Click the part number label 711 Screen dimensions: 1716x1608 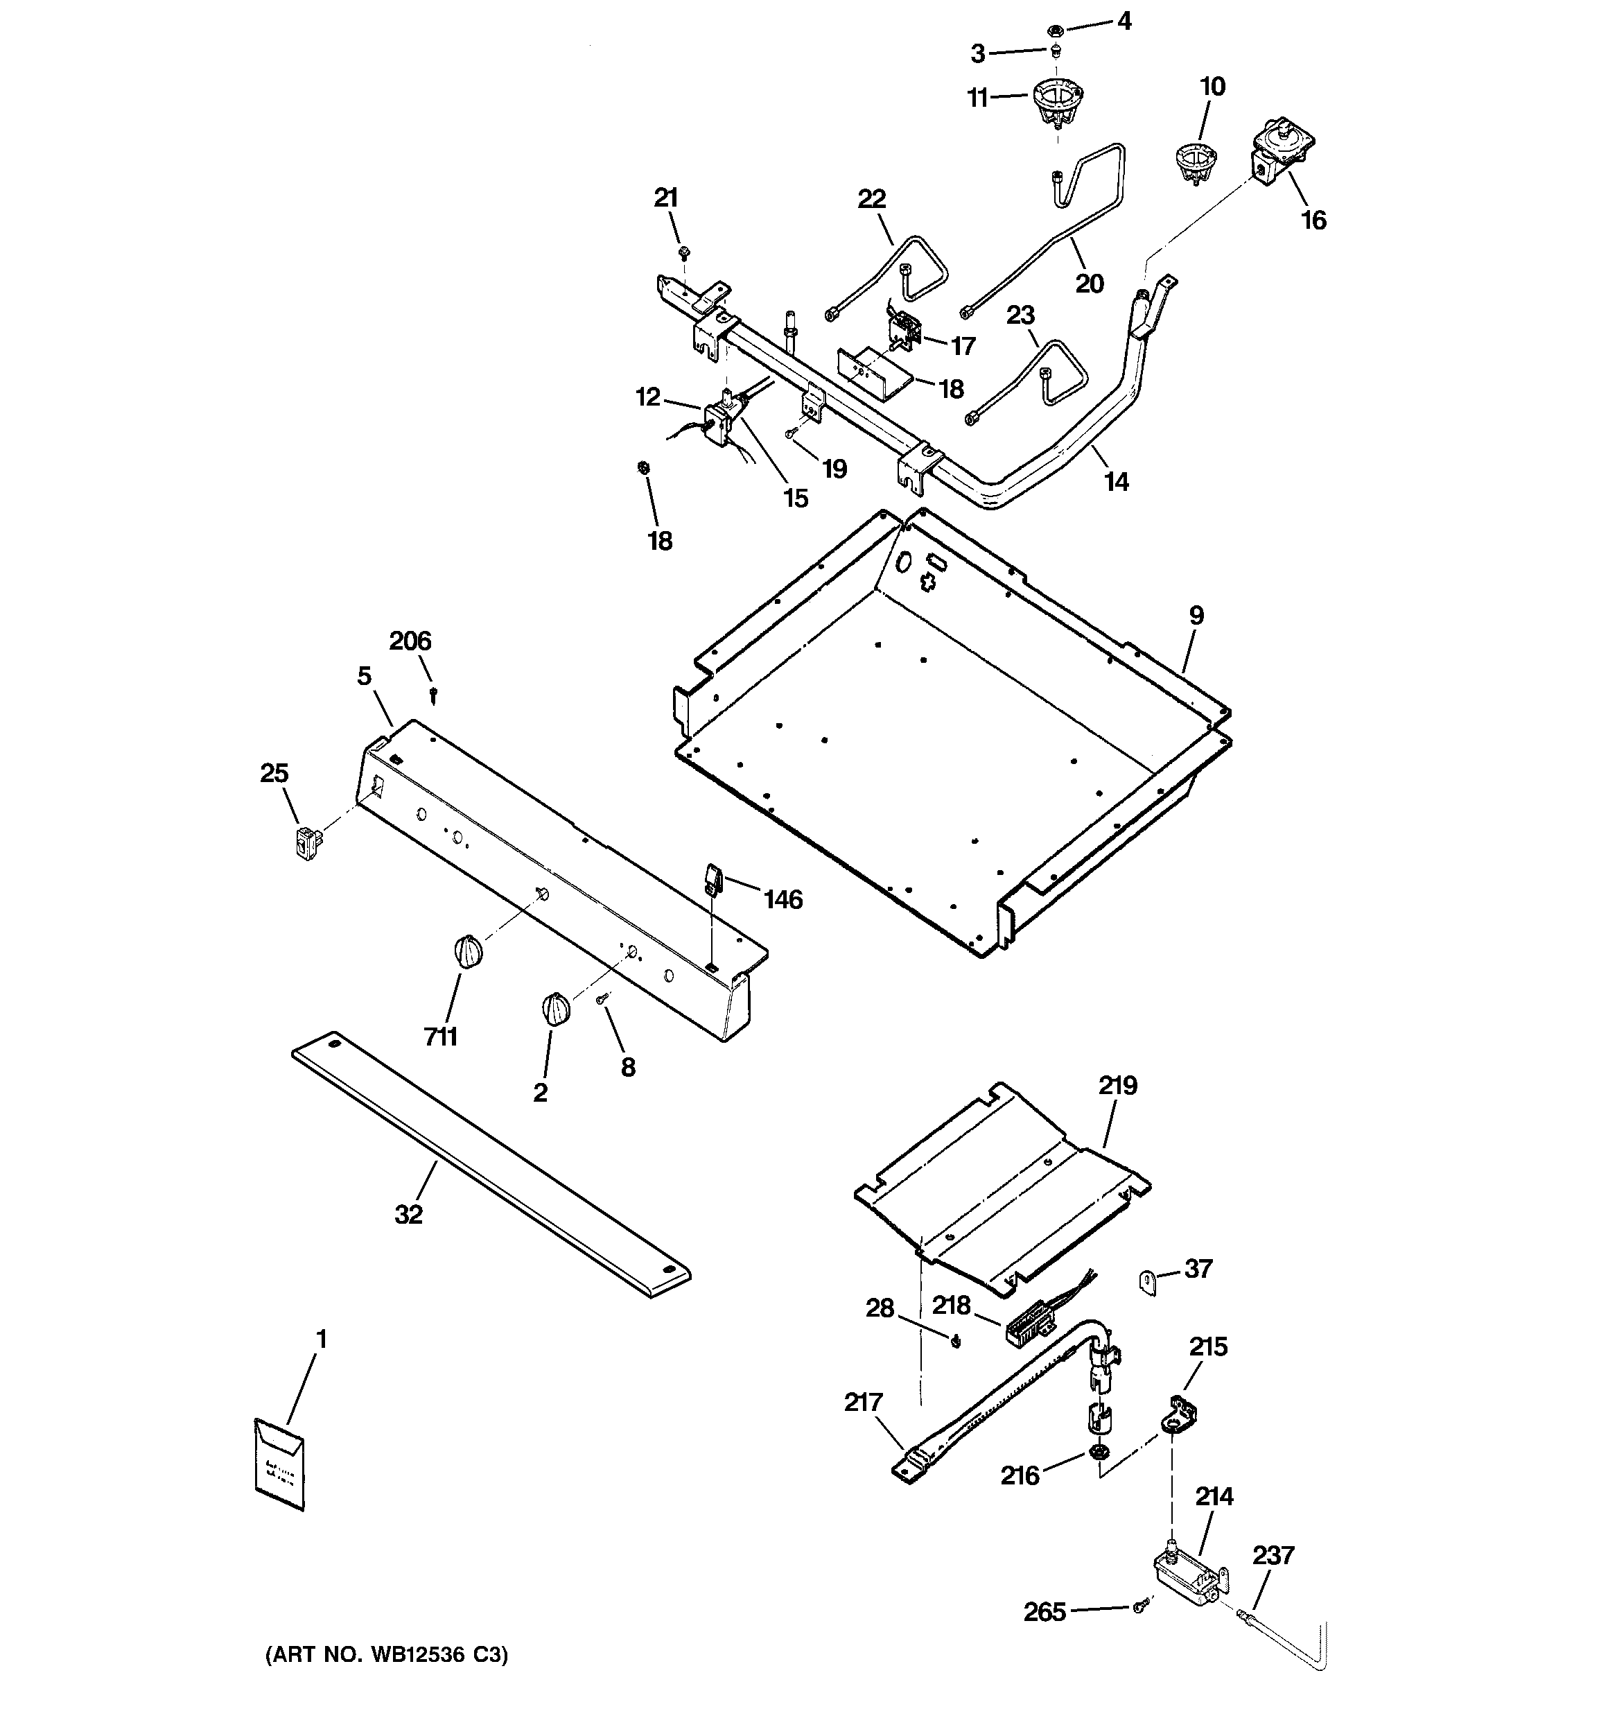click(440, 1036)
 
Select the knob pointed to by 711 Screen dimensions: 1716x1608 click(468, 952)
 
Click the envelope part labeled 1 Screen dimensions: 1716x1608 click(279, 1465)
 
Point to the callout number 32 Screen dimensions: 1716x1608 click(408, 1215)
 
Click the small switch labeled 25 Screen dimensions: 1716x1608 click(306, 842)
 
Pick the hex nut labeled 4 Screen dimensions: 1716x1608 click(1054, 31)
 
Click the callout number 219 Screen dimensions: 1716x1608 click(1118, 1085)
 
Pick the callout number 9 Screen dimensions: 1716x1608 click(1196, 616)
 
